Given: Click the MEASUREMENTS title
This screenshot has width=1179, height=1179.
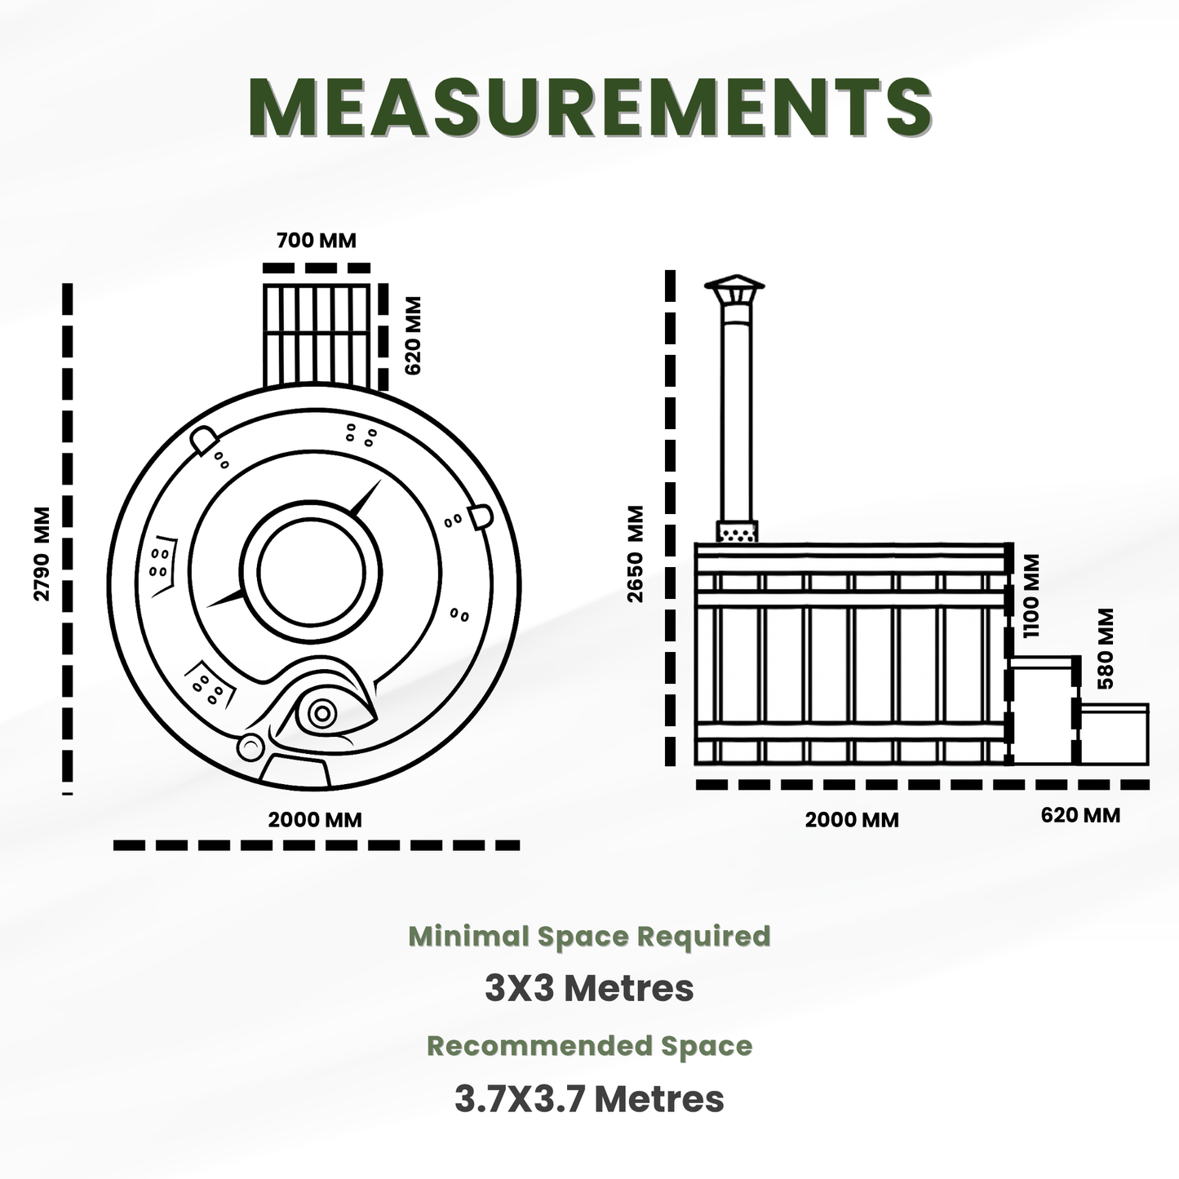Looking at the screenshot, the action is coord(590,106).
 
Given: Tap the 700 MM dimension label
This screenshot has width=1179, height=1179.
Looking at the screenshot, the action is coord(317,241).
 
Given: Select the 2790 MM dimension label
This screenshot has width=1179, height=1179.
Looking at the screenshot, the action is coord(42,554).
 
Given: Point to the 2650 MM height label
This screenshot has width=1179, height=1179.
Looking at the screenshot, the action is coord(636,554).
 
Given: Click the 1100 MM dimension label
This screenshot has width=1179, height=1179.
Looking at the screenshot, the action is coord(1031,596).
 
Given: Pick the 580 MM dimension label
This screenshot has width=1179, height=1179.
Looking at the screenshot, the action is coord(1106,649).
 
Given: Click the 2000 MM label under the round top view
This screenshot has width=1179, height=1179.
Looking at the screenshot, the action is coord(315,820).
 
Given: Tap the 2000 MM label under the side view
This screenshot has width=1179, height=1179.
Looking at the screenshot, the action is coord(852,820).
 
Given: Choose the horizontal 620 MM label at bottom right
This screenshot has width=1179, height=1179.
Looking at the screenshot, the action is coord(1080,815).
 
